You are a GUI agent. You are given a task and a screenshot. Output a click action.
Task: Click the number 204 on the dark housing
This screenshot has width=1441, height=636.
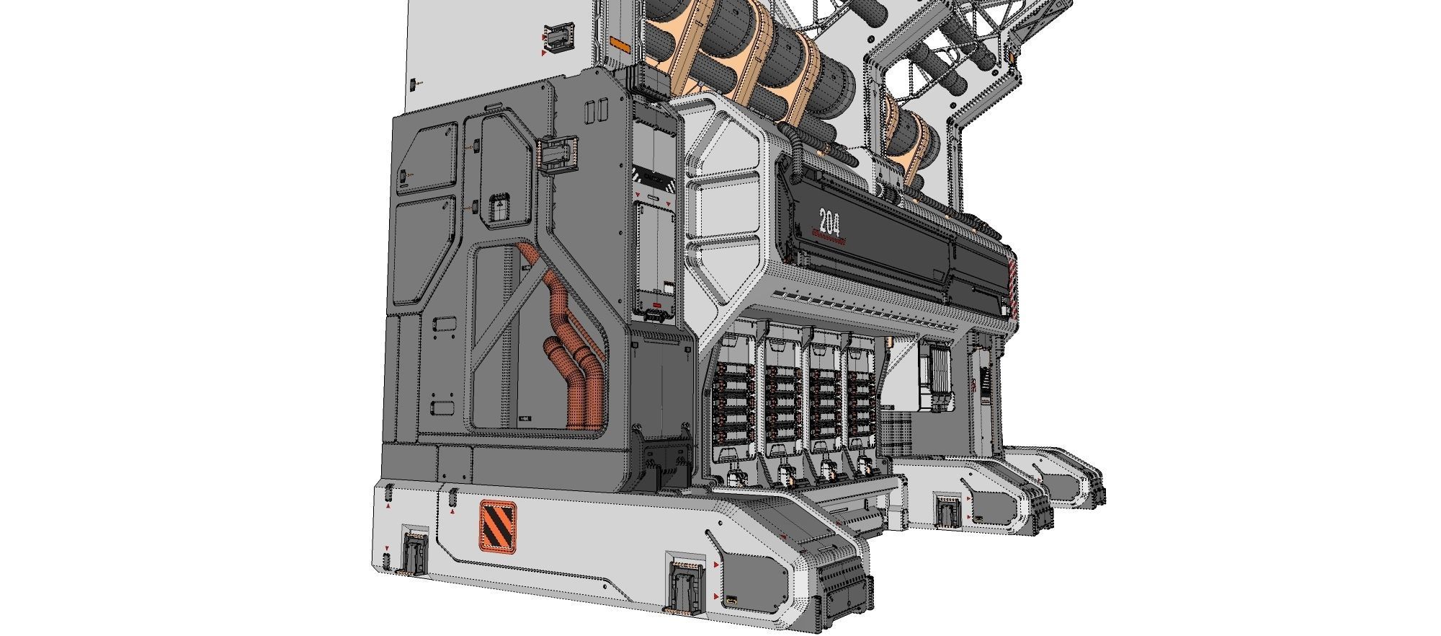pyautogui.click(x=829, y=221)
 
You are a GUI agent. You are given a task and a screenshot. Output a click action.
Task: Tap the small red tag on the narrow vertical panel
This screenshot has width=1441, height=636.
pyautogui.click(x=656, y=314)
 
